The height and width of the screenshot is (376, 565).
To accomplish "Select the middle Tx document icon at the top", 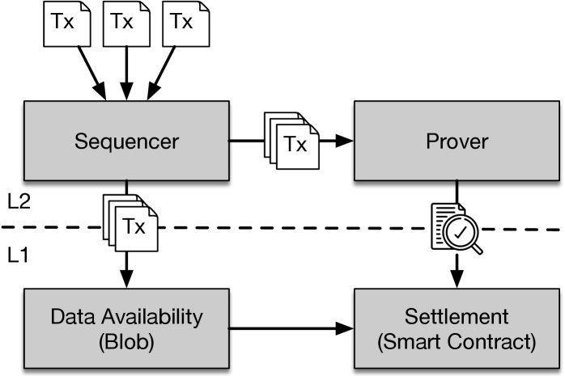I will click(126, 23).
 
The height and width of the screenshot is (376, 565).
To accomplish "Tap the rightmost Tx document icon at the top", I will click(185, 23).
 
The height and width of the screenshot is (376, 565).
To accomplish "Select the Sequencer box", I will click(126, 141).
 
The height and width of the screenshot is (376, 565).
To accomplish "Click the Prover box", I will click(457, 141).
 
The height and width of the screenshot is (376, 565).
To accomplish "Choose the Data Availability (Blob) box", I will click(126, 328).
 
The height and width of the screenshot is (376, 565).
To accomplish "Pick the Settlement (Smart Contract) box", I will click(457, 328).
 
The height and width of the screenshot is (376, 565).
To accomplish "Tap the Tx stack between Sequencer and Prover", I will click(292, 141).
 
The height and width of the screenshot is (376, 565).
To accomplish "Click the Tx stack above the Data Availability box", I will click(130, 222).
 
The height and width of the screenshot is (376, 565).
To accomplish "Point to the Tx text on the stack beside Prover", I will click(296, 146).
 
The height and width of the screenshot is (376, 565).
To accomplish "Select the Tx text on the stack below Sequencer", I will click(134, 227).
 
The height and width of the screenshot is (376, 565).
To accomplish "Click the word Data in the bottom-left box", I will click(68, 316).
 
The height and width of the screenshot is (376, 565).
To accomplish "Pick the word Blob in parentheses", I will click(126, 341).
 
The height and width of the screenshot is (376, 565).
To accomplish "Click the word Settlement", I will click(457, 316).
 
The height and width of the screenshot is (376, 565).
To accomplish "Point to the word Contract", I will click(495, 341).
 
